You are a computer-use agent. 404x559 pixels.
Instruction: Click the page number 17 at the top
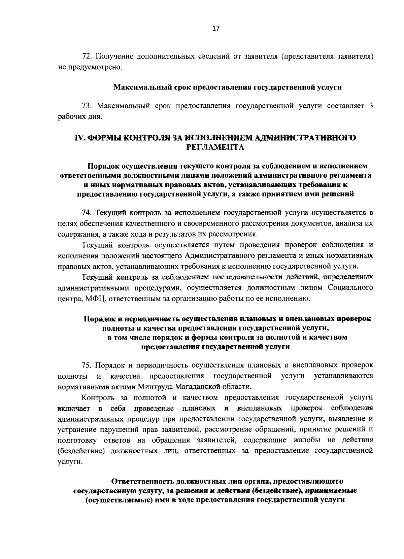point(216,29)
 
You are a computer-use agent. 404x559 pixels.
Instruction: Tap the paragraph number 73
point(87,106)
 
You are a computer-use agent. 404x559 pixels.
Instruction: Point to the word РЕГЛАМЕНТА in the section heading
point(215,147)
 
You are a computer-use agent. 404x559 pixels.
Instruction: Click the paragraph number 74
point(87,213)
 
